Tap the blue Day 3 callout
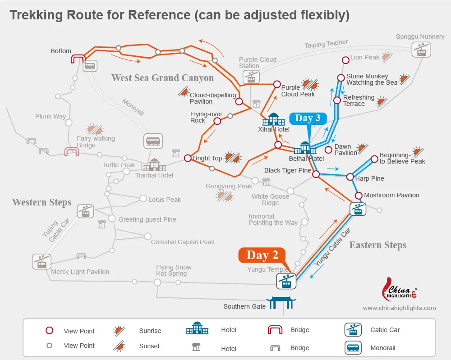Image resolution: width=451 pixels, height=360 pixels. coord(308,118)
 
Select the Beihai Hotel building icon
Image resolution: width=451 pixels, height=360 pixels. coord(305,148)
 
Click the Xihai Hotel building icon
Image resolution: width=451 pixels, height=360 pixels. coord(274,119)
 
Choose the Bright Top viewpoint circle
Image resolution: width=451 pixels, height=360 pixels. coord(188,158)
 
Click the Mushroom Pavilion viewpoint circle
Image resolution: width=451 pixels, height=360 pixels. coord(359,196)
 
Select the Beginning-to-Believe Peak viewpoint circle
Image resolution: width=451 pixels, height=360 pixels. coord(374,159)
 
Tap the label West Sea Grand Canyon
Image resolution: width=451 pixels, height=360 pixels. coord(162,78)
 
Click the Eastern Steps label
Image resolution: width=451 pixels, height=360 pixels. coord(377,245)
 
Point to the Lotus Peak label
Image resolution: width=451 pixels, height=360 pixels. coord(165,200)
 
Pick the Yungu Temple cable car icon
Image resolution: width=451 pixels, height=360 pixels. coord(286,281)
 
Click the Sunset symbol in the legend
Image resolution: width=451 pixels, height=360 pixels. coord(120,346)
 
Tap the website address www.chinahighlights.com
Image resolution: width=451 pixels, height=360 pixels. coord(399,308)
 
